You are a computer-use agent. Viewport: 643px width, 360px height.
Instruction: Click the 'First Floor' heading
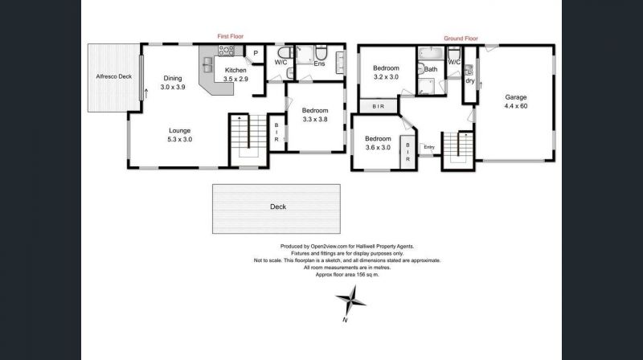pyautogui.click(x=231, y=36)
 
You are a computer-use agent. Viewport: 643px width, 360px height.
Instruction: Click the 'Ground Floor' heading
pyautogui.click(x=461, y=38)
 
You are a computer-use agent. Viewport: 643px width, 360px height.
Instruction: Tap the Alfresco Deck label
pyautogui.click(x=114, y=76)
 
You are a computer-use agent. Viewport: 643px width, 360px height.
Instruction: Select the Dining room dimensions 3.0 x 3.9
pyautogui.click(x=173, y=87)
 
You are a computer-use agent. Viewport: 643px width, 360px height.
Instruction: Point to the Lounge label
pyautogui.click(x=179, y=130)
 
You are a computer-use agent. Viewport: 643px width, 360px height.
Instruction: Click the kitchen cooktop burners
pyautogui.click(x=226, y=51)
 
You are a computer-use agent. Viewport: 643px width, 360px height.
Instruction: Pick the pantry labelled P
pyautogui.click(x=256, y=53)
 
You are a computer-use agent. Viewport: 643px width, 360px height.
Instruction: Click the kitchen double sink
pyautogui.click(x=208, y=65)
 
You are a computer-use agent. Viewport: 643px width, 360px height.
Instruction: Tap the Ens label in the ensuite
pyautogui.click(x=319, y=63)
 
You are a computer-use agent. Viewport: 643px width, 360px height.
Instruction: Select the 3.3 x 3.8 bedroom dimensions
pyautogui.click(x=315, y=119)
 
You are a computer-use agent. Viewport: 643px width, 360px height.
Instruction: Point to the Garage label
pyautogui.click(x=516, y=97)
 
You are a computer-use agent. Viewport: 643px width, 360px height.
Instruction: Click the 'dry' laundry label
pyautogui.click(x=470, y=81)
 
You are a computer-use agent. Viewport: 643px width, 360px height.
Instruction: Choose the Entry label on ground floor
pyautogui.click(x=429, y=147)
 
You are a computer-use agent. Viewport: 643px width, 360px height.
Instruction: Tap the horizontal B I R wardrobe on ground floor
pyautogui.click(x=379, y=107)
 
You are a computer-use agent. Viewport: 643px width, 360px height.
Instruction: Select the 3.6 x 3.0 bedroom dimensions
pyautogui.click(x=378, y=148)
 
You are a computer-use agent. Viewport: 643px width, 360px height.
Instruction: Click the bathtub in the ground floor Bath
pyautogui.click(x=431, y=53)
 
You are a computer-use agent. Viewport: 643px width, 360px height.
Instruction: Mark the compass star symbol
pyautogui.click(x=350, y=301)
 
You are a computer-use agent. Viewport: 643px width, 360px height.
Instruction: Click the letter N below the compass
pyautogui.click(x=345, y=320)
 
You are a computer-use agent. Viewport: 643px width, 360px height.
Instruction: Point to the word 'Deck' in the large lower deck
pyautogui.click(x=278, y=207)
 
